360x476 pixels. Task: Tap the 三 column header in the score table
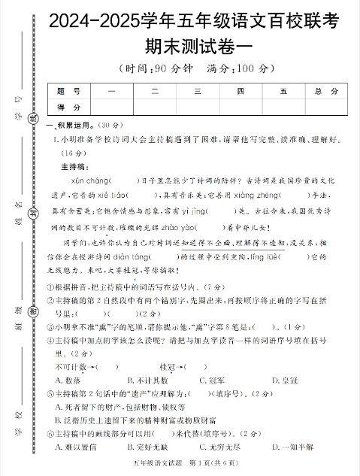tap(198, 92)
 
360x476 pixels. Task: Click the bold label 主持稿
tap(75, 166)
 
